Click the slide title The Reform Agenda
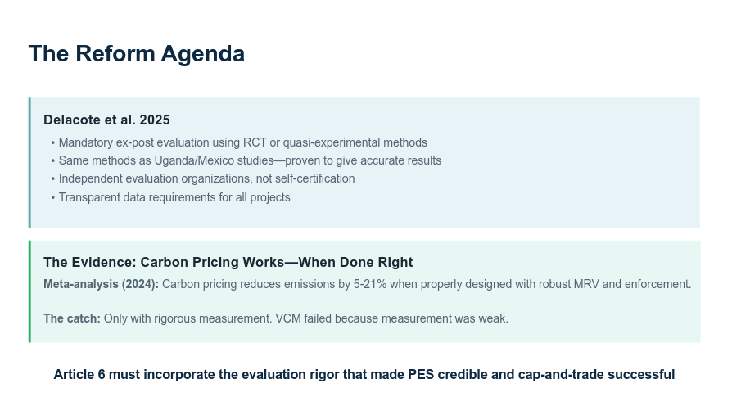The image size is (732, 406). (x=136, y=54)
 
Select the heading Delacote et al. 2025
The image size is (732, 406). (x=106, y=120)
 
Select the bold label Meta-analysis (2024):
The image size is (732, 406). (x=101, y=284)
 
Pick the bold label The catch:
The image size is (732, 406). (x=72, y=318)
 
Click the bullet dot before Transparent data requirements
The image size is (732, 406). (x=52, y=198)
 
